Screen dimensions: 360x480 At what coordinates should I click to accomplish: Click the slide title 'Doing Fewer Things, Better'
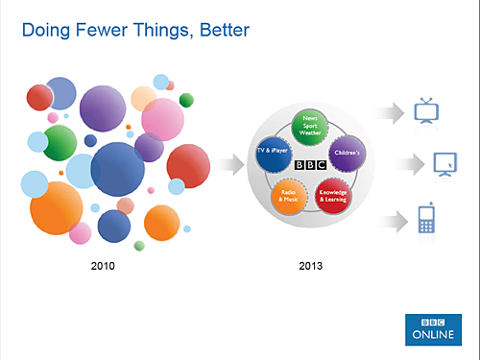pyautogui.click(x=135, y=32)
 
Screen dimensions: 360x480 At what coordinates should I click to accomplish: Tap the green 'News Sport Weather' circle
pyautogui.click(x=312, y=127)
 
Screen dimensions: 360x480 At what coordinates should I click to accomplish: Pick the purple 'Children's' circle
pyautogui.click(x=348, y=153)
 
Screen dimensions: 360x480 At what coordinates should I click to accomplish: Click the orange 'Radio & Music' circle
pyautogui.click(x=289, y=196)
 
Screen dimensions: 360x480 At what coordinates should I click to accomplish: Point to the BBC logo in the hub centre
pyautogui.click(x=311, y=164)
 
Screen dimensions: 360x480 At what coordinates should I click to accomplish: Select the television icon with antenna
pyautogui.click(x=426, y=110)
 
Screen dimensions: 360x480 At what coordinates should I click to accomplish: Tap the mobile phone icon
pyautogui.click(x=426, y=220)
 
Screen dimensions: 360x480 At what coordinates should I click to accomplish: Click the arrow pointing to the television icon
pyautogui.click(x=388, y=113)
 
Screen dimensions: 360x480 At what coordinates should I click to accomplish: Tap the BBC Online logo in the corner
pyautogui.click(x=429, y=324)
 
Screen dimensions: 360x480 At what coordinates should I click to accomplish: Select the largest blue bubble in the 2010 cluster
pyautogui.click(x=117, y=169)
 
